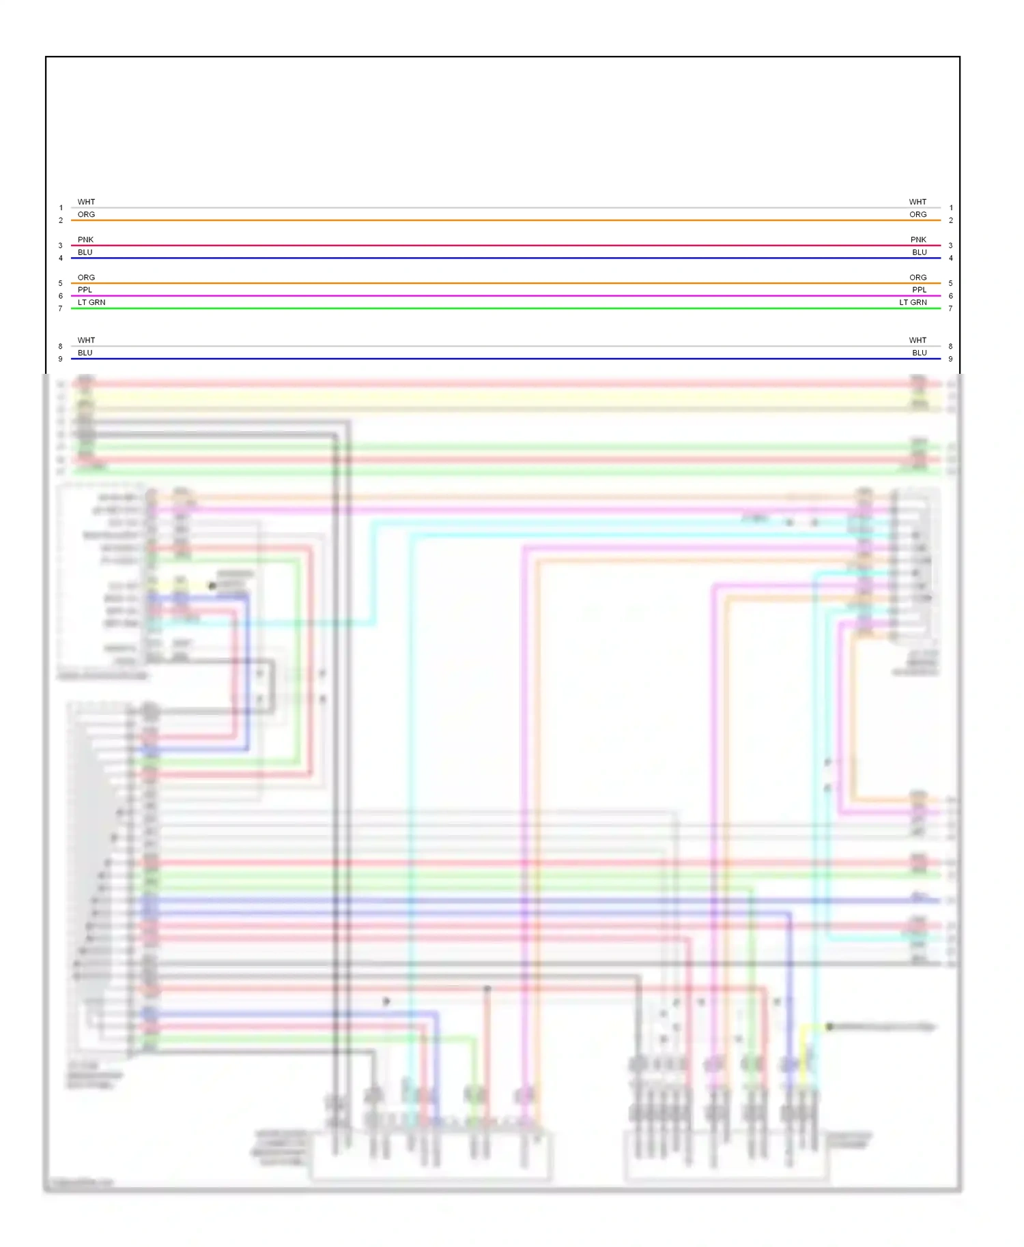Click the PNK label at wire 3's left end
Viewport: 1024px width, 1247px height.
pyautogui.click(x=85, y=239)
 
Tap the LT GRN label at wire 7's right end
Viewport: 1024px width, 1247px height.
pyautogui.click(x=913, y=302)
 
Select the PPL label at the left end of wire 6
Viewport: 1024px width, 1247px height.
pyautogui.click(x=85, y=290)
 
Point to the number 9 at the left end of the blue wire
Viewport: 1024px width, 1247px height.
pyautogui.click(x=60, y=359)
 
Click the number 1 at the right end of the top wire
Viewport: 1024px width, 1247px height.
pyautogui.click(x=951, y=208)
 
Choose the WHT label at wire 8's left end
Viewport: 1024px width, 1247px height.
pyautogui.click(x=86, y=340)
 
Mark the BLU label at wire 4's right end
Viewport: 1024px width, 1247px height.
pyautogui.click(x=920, y=252)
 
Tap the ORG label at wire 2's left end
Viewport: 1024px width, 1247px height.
pyautogui.click(x=86, y=214)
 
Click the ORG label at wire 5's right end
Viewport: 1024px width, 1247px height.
pyautogui.click(x=918, y=278)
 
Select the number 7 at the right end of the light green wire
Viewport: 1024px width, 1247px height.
pyautogui.click(x=950, y=309)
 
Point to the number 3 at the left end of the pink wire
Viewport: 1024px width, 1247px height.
pyautogui.click(x=60, y=246)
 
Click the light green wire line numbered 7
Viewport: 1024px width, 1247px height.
pyautogui.click(x=505, y=308)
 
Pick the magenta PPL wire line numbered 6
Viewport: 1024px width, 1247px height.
pyautogui.click(x=505, y=296)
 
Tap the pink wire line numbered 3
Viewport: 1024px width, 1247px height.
pyautogui.click(x=505, y=246)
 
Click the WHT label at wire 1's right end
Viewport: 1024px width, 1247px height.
pyautogui.click(x=918, y=202)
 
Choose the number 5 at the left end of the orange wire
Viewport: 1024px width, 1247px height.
pyautogui.click(x=60, y=283)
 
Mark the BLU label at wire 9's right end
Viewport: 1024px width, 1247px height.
pyautogui.click(x=920, y=353)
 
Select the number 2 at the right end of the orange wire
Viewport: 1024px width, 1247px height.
pyautogui.click(x=951, y=220)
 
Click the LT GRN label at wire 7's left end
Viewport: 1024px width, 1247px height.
pyautogui.click(x=91, y=302)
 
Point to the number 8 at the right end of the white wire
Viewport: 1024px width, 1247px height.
pyautogui.click(x=950, y=347)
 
